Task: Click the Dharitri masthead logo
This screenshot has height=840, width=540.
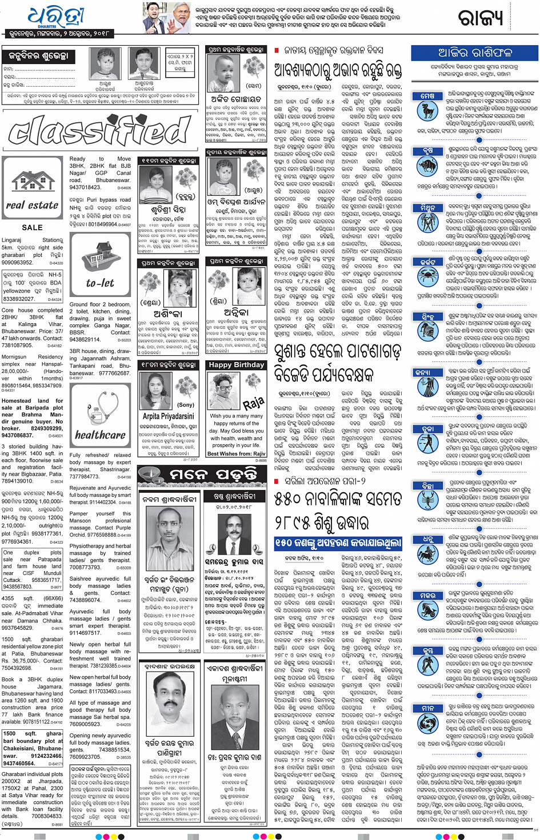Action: click(55, 18)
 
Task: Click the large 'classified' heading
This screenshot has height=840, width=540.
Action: click(99, 131)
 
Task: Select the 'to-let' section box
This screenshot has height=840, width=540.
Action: click(100, 264)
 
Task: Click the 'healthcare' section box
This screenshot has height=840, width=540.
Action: click(100, 416)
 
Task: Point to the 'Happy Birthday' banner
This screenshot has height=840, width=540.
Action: click(236, 365)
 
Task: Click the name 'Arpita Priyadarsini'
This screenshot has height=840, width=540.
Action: click(168, 416)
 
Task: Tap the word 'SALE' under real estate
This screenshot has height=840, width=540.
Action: click(32, 227)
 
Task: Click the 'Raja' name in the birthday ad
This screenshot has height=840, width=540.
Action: click(253, 403)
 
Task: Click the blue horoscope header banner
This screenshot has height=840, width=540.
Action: click(474, 53)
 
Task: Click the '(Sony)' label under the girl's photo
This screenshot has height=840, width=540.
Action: click(186, 404)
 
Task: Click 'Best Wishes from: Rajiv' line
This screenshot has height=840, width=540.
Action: click(236, 453)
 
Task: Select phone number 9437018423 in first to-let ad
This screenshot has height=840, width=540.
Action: click(86, 187)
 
